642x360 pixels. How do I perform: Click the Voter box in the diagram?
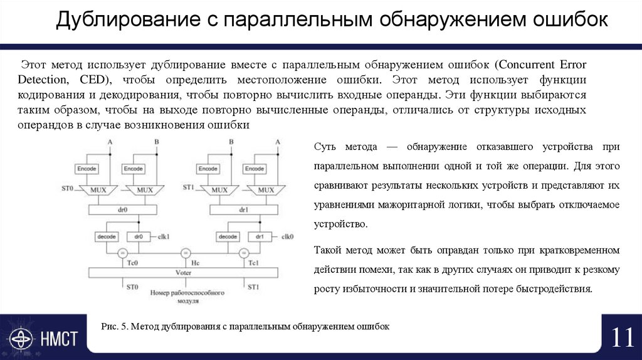tap(182, 273)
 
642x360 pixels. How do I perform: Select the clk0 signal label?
tap(288, 236)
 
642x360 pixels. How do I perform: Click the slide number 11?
tap(622, 338)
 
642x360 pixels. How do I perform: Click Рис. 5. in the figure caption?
tap(115, 327)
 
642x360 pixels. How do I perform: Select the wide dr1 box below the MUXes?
tap(243, 210)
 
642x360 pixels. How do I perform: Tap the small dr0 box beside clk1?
tap(139, 236)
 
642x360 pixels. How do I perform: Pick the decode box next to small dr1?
tap(227, 236)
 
